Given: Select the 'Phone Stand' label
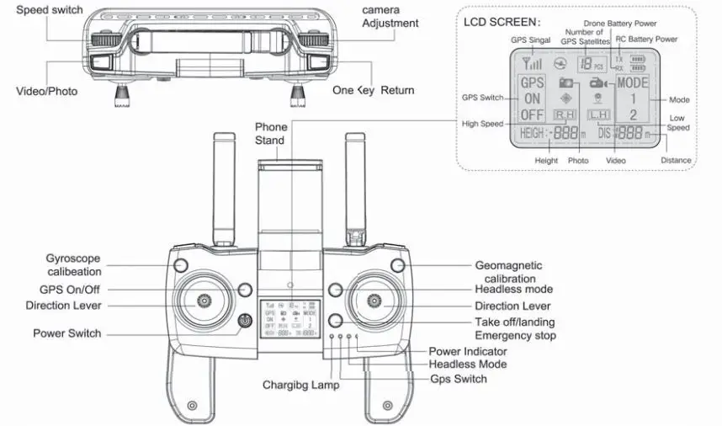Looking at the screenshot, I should (271, 133).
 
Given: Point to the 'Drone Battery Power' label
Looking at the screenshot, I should (619, 24).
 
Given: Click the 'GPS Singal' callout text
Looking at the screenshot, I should (530, 40).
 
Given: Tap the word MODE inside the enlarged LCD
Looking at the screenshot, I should (632, 83).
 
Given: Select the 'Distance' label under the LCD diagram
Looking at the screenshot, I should (676, 160).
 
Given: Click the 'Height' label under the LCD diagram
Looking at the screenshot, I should (546, 160).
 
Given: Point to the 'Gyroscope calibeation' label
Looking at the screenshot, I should (73, 265).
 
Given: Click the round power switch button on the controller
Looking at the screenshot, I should (244, 321).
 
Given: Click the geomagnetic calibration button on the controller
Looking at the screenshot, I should (398, 266).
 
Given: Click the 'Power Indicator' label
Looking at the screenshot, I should (468, 351).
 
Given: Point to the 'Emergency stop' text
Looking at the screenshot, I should (514, 336).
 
